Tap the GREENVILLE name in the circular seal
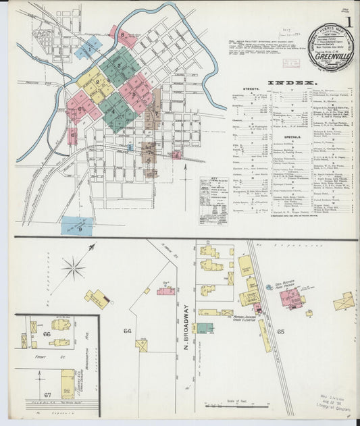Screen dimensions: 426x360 tap(331, 57)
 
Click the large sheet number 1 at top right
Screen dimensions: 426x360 tap(350, 20)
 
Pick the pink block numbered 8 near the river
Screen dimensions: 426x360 tap(126, 34)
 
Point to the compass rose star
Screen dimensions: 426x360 tap(73, 268)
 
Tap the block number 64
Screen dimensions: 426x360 tap(127, 331)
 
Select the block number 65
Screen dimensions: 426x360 tap(280, 332)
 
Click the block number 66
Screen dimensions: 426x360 tap(47, 334)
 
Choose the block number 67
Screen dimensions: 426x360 tap(47, 394)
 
